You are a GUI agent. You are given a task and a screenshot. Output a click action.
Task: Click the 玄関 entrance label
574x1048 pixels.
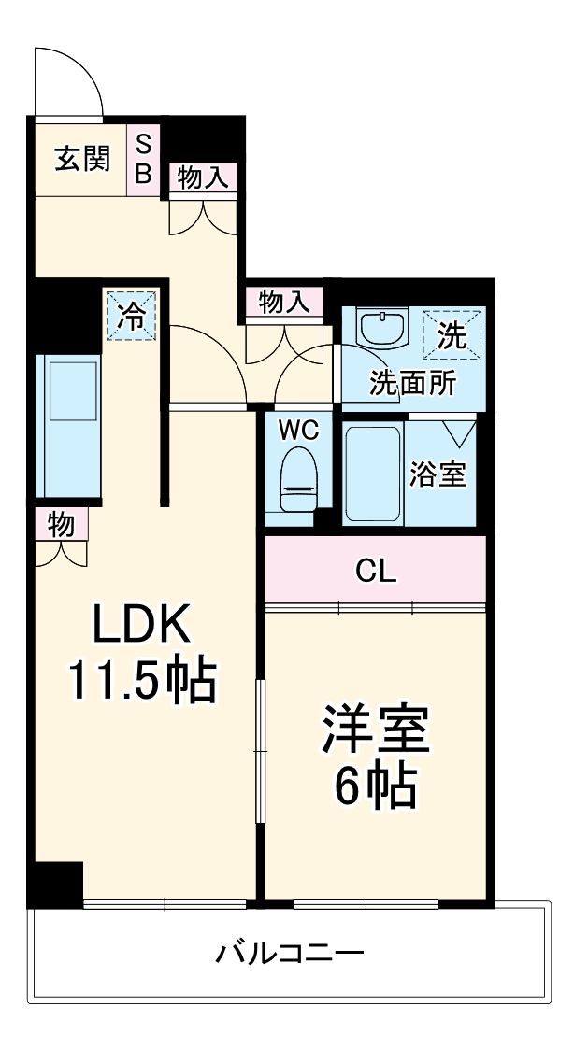81,159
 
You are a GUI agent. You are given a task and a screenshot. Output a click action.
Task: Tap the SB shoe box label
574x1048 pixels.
144,159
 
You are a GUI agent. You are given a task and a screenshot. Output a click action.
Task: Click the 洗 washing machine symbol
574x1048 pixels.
453,334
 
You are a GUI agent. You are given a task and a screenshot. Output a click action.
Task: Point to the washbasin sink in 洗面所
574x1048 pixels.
383,329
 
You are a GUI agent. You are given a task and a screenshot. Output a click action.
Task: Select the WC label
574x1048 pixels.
298,431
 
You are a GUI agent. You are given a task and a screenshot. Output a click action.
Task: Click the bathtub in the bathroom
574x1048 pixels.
374,474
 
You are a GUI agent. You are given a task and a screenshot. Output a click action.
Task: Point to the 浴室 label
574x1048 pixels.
438,474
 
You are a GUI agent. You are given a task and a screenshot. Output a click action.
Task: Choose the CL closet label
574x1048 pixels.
376,571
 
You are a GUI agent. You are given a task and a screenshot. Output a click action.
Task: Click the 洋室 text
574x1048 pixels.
376,730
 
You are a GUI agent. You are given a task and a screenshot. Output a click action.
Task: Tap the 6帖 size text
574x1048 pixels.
376,789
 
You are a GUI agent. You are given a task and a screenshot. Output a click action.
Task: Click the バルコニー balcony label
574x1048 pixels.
290,955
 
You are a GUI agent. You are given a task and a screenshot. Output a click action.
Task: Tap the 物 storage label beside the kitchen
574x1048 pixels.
61,525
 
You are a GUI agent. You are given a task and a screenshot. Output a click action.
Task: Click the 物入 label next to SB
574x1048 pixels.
203,177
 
